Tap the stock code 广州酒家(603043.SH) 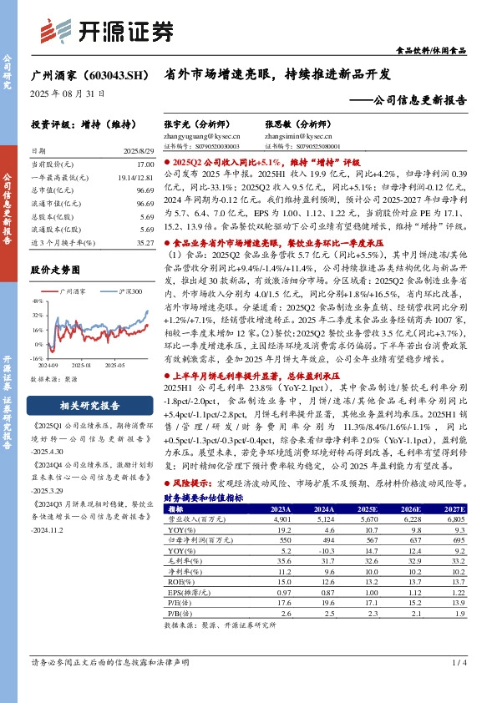(x=89, y=75)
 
